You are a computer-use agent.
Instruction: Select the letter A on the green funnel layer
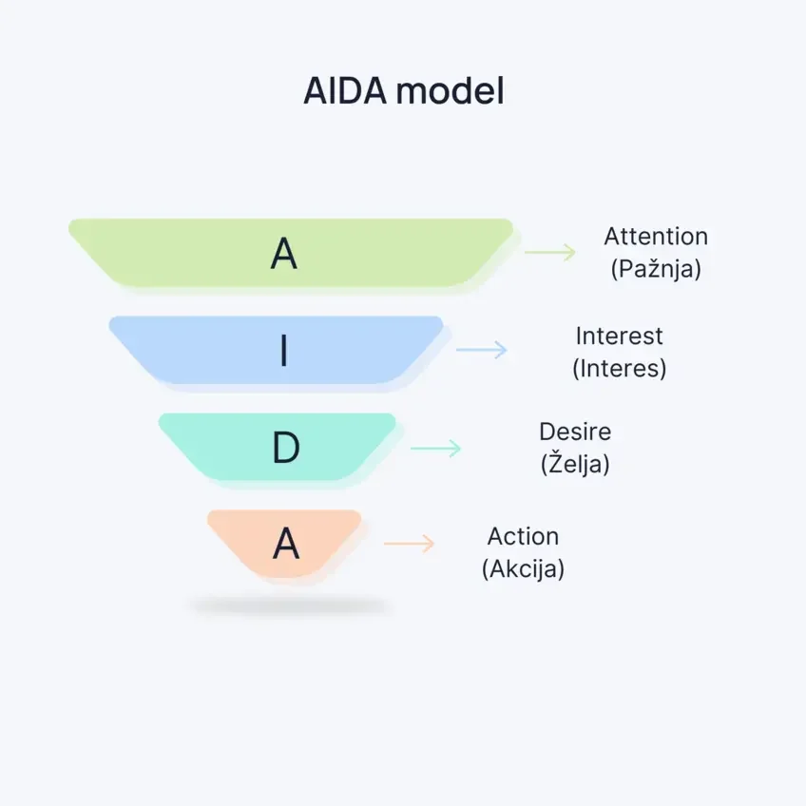click(284, 253)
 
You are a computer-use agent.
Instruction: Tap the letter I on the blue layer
click(283, 352)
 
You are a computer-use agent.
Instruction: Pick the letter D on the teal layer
click(286, 449)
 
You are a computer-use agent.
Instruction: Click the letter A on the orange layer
click(286, 545)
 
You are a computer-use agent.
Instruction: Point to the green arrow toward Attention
click(550, 252)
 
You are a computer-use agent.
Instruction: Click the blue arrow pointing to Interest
click(482, 350)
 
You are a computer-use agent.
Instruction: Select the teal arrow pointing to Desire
click(435, 448)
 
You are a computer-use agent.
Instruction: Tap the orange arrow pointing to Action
click(409, 544)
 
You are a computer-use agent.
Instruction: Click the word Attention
click(656, 237)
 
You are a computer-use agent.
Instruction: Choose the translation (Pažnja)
click(656, 269)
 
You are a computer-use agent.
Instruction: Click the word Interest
click(619, 336)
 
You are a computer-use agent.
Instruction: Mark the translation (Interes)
click(619, 368)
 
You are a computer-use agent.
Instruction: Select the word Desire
click(575, 432)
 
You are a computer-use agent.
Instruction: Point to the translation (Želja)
click(575, 465)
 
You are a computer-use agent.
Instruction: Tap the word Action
click(523, 536)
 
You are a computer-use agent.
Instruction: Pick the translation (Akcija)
click(523, 569)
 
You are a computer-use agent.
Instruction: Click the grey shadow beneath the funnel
click(288, 605)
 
